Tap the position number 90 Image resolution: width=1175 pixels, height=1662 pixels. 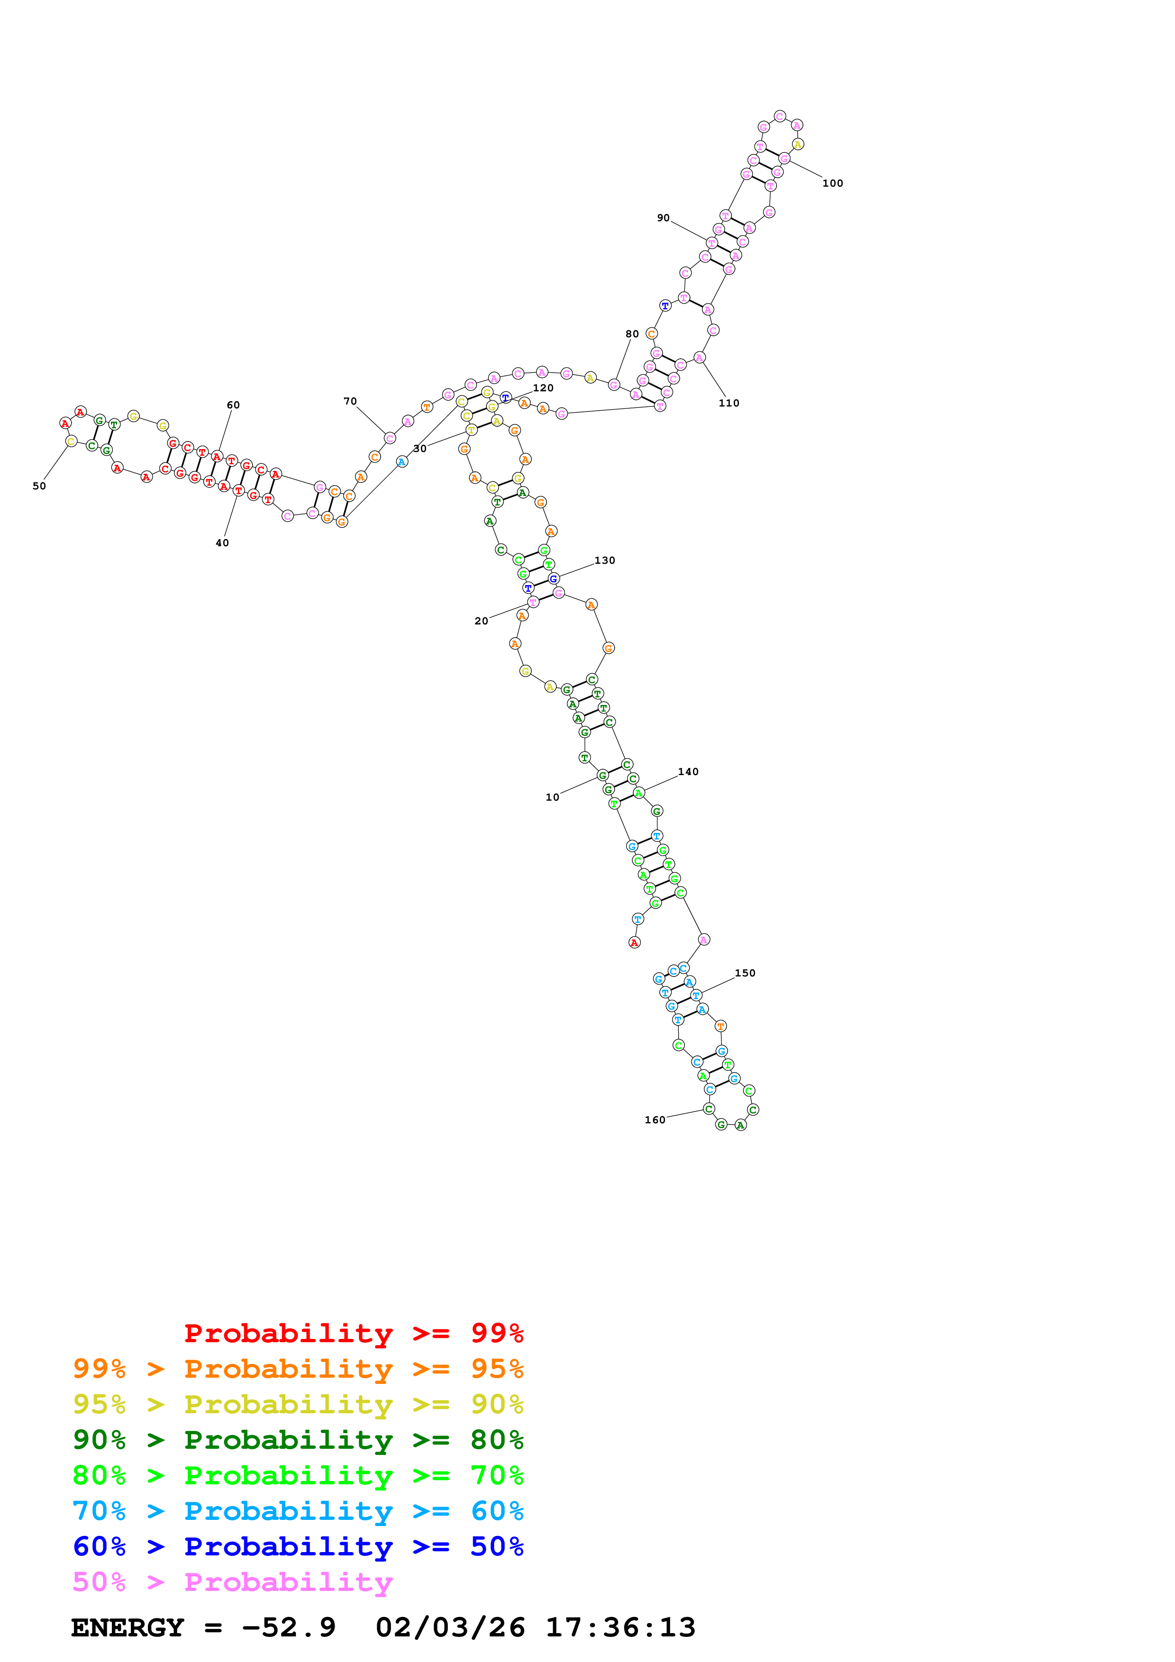(x=663, y=218)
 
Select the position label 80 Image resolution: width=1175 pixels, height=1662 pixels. (x=632, y=334)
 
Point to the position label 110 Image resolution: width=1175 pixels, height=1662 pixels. (x=729, y=403)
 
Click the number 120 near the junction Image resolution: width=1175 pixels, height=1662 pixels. (x=543, y=388)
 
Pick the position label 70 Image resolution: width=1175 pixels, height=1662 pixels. (x=350, y=401)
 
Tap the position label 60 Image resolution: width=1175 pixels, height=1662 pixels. (x=233, y=405)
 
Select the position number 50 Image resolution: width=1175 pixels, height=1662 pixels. (x=39, y=486)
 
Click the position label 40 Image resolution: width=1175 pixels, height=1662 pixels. (x=222, y=543)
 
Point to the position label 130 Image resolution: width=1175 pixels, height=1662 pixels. (x=604, y=560)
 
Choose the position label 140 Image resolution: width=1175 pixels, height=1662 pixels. (x=688, y=772)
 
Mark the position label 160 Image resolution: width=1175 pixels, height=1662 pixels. (x=655, y=1120)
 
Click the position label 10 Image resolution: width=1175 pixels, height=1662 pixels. (x=552, y=797)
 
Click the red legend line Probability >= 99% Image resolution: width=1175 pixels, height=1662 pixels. (x=353, y=1333)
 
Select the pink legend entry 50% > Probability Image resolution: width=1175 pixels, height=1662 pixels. (x=232, y=1582)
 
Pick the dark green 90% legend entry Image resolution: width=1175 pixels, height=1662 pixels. (x=298, y=1440)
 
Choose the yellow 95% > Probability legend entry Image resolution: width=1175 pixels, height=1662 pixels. (x=298, y=1404)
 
